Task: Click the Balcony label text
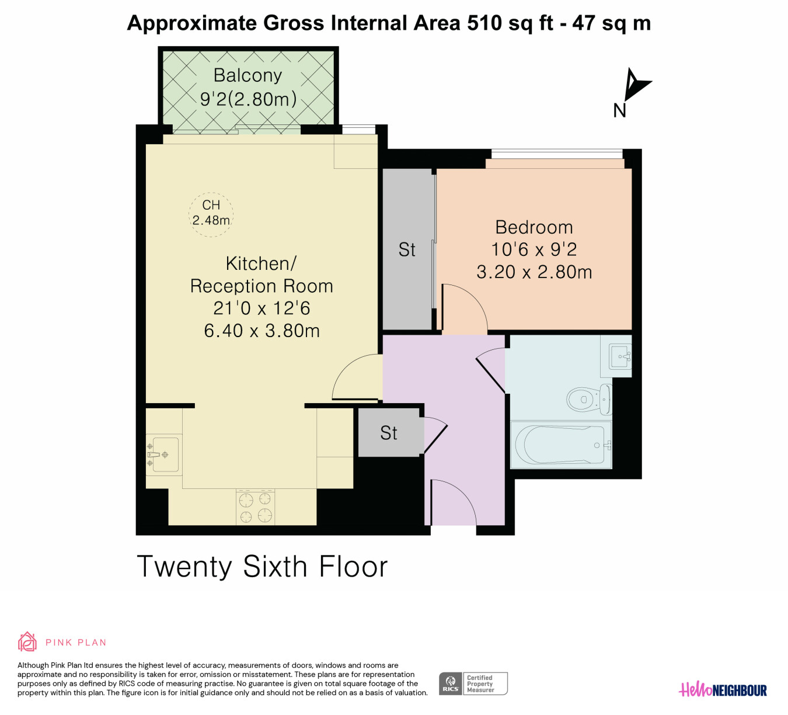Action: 247,75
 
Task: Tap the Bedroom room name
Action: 534,227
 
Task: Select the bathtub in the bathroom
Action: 562,445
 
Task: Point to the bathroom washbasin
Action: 620,356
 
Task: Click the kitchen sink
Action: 164,454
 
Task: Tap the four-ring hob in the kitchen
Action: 255,507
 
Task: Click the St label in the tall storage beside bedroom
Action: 407,250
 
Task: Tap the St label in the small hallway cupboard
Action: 389,433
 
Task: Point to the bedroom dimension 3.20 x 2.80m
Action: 534,272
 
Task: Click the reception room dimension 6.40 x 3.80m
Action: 261,331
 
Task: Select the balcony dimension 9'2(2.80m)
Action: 248,99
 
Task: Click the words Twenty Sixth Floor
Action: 262,567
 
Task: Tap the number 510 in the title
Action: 484,23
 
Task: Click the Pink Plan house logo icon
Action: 27,641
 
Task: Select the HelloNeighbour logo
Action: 723,690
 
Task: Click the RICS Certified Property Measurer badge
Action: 473,683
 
